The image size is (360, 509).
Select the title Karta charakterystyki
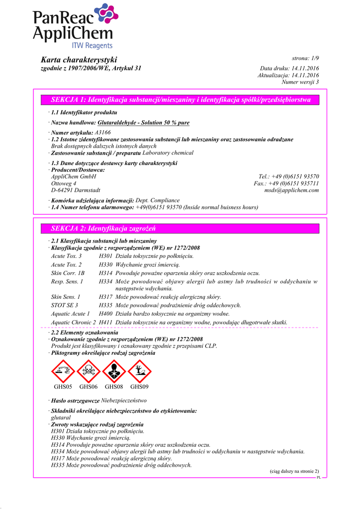pos(79,60)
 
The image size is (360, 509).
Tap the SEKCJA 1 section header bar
pos(180,100)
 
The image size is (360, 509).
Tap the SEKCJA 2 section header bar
pos(180,229)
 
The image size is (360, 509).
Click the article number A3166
pos(102,133)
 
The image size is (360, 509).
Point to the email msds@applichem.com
pos(291,190)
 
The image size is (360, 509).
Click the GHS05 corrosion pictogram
pos(63,371)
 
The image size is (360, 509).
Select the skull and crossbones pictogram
pos(89,371)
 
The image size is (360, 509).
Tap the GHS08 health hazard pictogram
pos(114,371)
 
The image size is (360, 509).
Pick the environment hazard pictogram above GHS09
pos(139,371)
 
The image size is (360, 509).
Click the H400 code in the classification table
pos(105,314)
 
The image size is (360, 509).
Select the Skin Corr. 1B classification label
pos(68,273)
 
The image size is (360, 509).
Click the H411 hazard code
pos(105,323)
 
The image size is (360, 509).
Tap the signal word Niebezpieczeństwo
pos(124,400)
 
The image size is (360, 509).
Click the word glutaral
pos(61,418)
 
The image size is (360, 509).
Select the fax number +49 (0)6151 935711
pos(294,183)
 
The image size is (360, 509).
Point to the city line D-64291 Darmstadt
pos(76,190)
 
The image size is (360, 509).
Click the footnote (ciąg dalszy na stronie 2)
pos(294,471)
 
